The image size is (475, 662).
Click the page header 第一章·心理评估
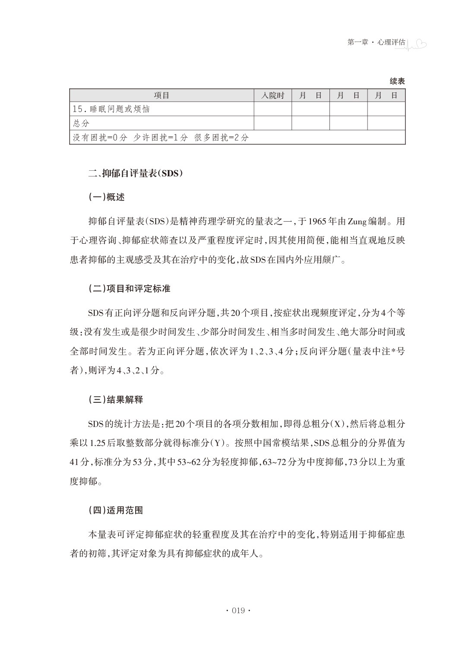point(376,42)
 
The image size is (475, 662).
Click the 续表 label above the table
point(397,81)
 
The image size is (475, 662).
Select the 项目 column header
point(161,95)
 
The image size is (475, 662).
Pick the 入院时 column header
point(272,95)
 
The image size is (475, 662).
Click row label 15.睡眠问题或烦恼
point(111,109)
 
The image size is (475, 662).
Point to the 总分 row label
point(81,123)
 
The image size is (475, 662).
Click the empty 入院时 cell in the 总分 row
point(272,123)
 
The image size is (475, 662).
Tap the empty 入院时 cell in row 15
point(272,109)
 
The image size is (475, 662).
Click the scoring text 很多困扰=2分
point(222,137)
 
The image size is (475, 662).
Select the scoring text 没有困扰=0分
point(100,137)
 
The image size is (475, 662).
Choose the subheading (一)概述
point(106,197)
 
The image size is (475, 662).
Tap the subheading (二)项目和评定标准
point(129,289)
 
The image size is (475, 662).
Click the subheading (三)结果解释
point(115,400)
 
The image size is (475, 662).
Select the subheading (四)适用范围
point(115,510)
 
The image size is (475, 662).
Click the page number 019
point(238,611)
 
